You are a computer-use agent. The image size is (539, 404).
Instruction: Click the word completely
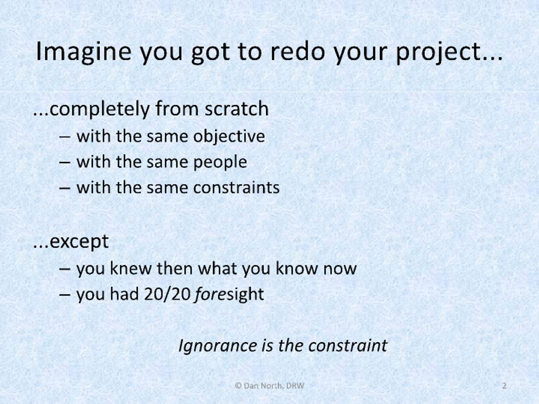pyautogui.click(x=100, y=109)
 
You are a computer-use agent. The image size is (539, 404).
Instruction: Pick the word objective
pyautogui.click(x=229, y=136)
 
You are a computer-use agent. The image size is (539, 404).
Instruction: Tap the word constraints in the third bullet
pyautogui.click(x=236, y=188)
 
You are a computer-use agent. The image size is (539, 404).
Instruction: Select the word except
pyautogui.click(x=79, y=242)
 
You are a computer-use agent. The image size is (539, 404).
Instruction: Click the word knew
pyautogui.click(x=131, y=268)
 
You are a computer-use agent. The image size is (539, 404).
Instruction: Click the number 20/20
pyautogui.click(x=167, y=294)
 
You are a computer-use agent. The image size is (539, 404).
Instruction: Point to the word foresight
pyautogui.click(x=229, y=294)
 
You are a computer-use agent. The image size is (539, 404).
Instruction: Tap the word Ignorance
pyautogui.click(x=218, y=346)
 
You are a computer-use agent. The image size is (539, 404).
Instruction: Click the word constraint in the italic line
pyautogui.click(x=348, y=346)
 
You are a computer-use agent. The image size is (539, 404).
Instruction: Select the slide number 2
pyautogui.click(x=504, y=386)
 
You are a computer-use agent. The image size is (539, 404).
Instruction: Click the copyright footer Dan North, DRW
pyautogui.click(x=269, y=386)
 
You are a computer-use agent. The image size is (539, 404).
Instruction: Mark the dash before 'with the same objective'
pyautogui.click(x=65, y=137)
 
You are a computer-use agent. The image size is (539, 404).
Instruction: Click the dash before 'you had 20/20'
pyautogui.click(x=65, y=295)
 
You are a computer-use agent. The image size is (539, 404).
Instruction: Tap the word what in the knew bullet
pyautogui.click(x=219, y=268)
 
